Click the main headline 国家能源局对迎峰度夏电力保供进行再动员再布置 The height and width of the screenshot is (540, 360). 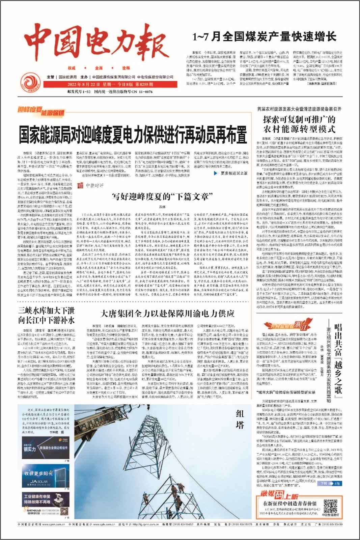tap(133, 135)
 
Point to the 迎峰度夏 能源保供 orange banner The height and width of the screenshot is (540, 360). tap(41, 111)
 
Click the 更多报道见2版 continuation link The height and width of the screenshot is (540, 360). tap(230, 173)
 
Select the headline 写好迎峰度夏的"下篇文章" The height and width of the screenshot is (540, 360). tap(162, 196)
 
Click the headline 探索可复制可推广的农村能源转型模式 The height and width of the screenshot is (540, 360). tap(299, 124)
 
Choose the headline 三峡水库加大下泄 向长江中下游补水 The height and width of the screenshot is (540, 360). tap(47, 315)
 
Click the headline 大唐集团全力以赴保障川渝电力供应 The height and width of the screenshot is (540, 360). tap(167, 314)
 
